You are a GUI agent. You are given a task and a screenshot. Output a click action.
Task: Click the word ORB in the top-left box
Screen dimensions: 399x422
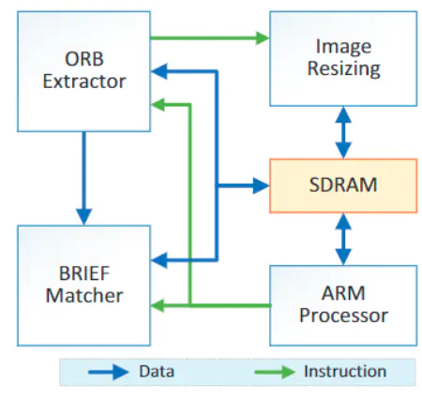click(83, 57)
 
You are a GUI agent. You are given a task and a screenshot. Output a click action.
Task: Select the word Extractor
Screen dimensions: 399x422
click(83, 81)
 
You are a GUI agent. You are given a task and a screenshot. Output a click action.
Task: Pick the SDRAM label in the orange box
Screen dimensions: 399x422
click(342, 185)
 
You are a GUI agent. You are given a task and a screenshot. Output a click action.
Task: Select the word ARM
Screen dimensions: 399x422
click(342, 292)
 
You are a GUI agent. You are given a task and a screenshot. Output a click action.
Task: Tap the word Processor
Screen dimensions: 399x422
click(342, 316)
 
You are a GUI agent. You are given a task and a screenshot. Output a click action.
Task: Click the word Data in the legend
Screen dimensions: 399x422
click(158, 372)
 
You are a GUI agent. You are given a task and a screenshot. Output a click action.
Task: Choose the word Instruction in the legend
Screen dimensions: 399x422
click(344, 372)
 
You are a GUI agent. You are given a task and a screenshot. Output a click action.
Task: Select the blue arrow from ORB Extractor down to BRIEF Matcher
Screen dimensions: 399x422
click(83, 173)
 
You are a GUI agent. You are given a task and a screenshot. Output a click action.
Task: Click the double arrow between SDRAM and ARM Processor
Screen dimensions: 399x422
click(342, 238)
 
